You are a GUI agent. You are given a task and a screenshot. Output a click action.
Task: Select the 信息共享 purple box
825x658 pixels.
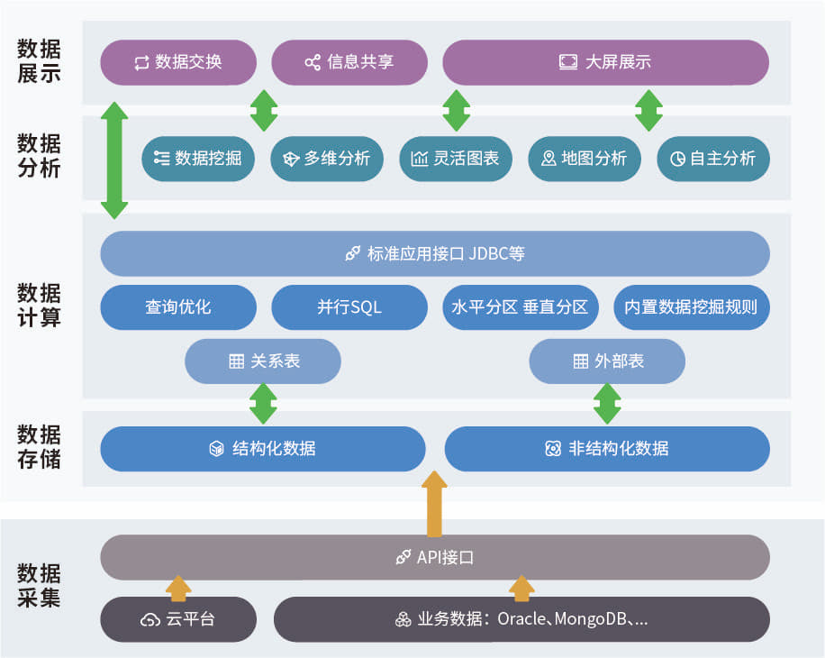click(349, 62)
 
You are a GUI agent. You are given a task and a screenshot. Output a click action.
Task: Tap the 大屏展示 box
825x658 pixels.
click(605, 62)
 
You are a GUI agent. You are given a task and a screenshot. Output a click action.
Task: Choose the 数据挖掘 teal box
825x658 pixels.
click(197, 159)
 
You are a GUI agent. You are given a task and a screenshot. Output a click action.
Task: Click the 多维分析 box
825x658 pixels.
click(326, 159)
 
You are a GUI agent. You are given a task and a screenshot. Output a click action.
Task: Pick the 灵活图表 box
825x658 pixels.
click(455, 159)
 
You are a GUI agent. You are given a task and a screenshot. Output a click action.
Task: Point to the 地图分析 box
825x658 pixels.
click(584, 159)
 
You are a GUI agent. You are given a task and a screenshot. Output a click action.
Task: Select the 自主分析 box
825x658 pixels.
click(712, 159)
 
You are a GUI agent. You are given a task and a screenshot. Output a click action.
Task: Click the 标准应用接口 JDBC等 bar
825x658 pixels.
click(435, 253)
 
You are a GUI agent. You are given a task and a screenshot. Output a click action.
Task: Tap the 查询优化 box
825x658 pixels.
click(178, 306)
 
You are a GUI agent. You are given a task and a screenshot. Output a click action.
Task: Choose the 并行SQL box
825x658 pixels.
click(349, 306)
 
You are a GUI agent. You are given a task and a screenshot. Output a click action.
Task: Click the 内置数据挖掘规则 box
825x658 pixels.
click(691, 306)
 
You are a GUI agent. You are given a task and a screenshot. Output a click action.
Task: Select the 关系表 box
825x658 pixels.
click(263, 361)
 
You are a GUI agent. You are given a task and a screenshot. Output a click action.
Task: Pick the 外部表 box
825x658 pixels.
click(607, 361)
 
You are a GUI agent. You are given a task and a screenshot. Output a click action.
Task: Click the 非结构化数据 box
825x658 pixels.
click(607, 449)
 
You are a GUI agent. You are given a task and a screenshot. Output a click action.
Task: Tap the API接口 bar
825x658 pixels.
click(435, 557)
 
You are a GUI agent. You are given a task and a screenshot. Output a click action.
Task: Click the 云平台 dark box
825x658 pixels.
click(178, 619)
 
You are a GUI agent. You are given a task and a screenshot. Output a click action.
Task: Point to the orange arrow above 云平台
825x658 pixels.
click(178, 589)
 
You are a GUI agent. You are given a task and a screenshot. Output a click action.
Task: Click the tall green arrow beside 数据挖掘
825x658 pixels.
click(114, 160)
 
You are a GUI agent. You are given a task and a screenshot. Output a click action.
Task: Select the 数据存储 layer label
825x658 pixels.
click(39, 447)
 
